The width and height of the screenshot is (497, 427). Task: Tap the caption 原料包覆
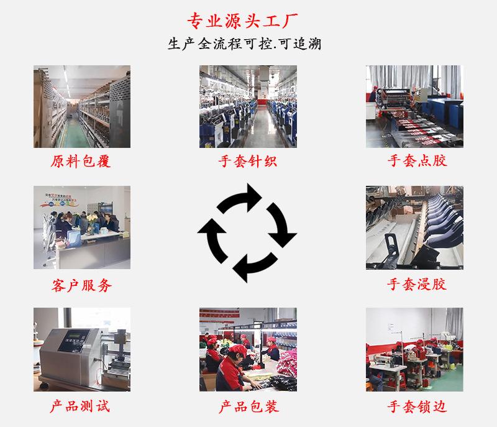click(x=81, y=161)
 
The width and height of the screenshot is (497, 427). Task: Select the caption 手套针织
click(x=247, y=161)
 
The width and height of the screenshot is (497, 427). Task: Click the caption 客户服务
click(x=81, y=285)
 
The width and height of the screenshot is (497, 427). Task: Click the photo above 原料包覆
click(x=82, y=106)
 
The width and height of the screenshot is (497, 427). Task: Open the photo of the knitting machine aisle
click(x=248, y=106)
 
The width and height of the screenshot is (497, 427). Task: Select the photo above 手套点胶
click(x=414, y=106)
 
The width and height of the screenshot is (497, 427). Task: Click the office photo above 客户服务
click(x=82, y=227)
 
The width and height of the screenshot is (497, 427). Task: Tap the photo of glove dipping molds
click(x=414, y=227)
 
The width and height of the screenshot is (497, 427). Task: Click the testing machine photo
click(x=82, y=349)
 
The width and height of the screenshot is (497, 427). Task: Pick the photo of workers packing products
click(x=248, y=349)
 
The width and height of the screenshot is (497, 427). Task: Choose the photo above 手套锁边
click(x=414, y=349)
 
